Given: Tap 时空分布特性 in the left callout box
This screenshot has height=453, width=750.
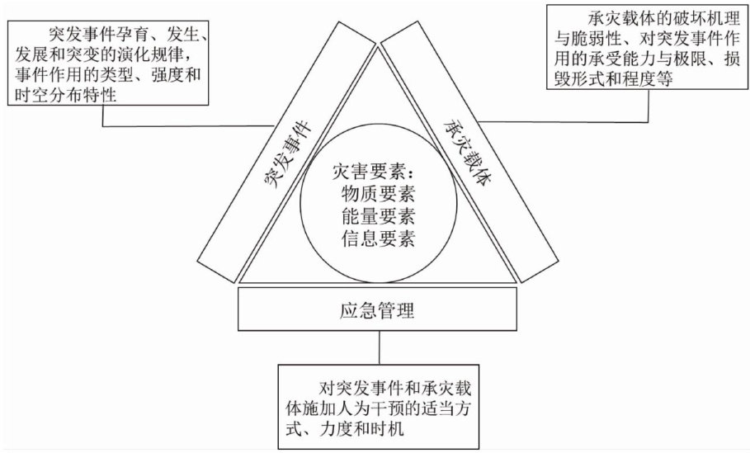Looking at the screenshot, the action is point(65,95).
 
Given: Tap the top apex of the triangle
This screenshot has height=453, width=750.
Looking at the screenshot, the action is point(378,46).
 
